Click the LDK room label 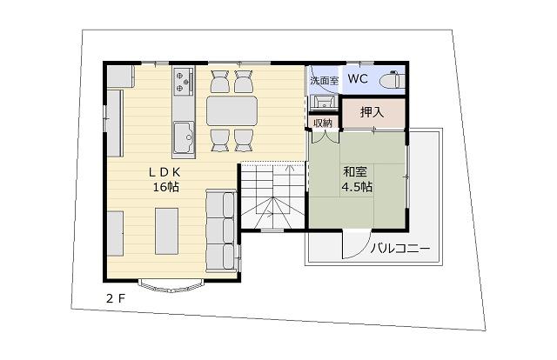(x=165, y=172)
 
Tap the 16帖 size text (x=166, y=187)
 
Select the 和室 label (x=355, y=172)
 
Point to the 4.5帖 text (x=357, y=187)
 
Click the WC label (x=358, y=78)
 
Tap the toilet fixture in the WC (x=393, y=80)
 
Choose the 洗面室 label (x=325, y=80)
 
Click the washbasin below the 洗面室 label (x=323, y=102)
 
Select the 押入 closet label (x=372, y=112)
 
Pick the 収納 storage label (x=323, y=123)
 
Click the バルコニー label (x=400, y=248)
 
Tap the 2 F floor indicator (x=116, y=298)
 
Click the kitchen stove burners (x=183, y=81)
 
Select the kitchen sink (x=184, y=137)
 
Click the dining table (x=232, y=110)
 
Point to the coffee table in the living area (x=166, y=231)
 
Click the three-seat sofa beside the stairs (x=221, y=231)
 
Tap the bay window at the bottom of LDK (x=171, y=286)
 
